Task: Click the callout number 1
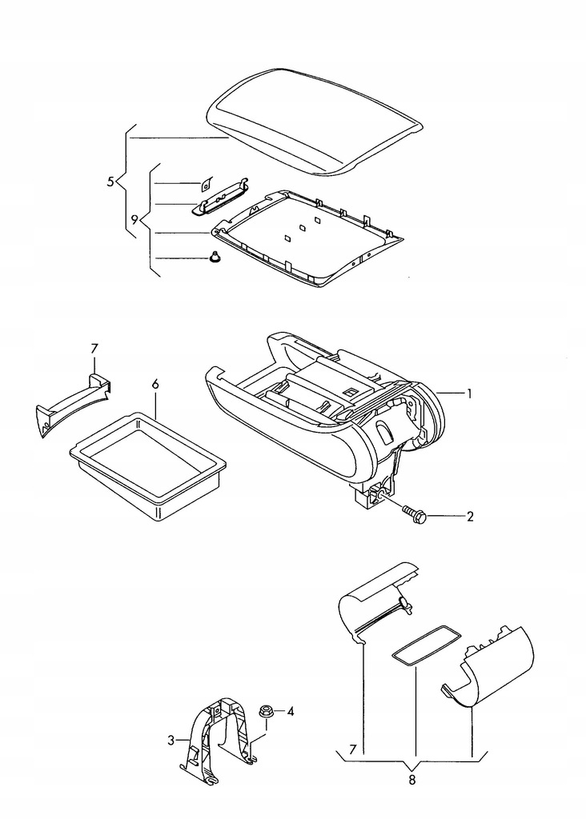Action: pos(471,394)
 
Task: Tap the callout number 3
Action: pos(171,741)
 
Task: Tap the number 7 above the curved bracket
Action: pos(94,348)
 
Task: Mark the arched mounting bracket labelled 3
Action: pos(220,736)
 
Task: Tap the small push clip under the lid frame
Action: pos(215,258)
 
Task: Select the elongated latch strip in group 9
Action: pos(220,198)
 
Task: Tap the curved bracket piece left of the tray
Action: pos(72,400)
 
